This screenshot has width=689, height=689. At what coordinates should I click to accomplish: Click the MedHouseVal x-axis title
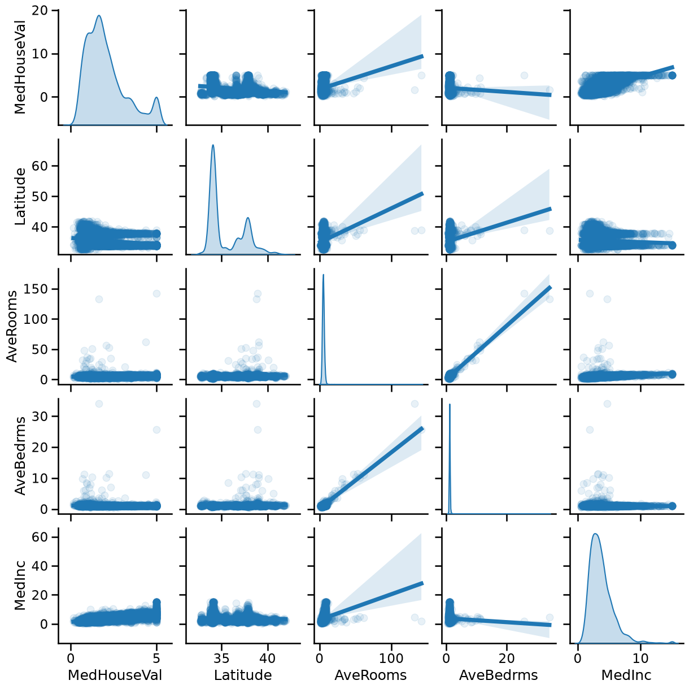pos(115,675)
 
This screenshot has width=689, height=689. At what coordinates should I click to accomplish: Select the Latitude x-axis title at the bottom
pos(243,675)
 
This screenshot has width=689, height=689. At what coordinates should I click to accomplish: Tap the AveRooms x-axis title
pos(370,675)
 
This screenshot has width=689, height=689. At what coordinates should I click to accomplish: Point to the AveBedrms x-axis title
pos(499,675)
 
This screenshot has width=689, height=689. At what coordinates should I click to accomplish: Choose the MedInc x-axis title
pos(626,675)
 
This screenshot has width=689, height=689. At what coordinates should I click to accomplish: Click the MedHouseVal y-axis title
pos(20,67)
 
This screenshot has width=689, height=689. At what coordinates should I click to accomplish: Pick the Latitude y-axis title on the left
pos(20,196)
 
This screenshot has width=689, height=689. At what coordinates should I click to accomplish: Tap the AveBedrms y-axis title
pos(20,455)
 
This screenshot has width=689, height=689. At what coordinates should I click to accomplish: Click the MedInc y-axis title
pos(20,585)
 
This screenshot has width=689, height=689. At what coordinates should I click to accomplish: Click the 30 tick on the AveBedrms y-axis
pos(42,416)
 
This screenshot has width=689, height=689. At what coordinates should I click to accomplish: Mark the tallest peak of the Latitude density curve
pos(213,145)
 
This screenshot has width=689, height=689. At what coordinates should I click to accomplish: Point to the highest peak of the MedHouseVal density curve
pos(99,16)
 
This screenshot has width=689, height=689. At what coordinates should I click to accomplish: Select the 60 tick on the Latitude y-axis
pos(42,166)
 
